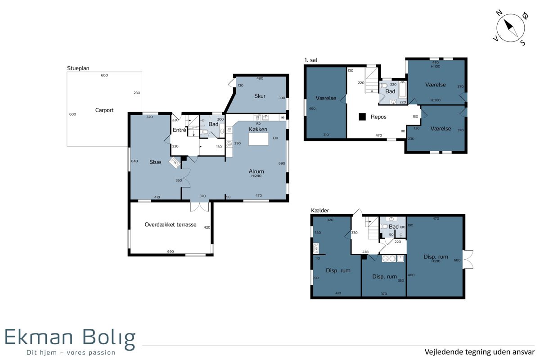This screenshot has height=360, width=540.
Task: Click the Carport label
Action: (x=104, y=110)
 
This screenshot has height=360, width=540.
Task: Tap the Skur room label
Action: (x=260, y=96)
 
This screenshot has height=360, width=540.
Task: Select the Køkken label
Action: (x=258, y=129)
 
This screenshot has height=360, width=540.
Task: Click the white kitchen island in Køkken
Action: (x=258, y=139)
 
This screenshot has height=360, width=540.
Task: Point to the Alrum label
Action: (x=256, y=171)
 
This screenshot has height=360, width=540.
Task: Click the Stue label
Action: (x=155, y=162)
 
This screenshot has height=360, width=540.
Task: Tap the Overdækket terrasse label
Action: (x=171, y=225)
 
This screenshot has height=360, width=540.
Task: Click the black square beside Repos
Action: (x=362, y=117)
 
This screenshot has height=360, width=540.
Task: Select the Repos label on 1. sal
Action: (x=378, y=117)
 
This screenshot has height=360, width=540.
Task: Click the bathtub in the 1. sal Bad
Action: (x=403, y=90)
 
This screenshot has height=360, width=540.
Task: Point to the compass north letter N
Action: (x=499, y=13)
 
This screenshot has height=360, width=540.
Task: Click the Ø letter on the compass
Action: (x=525, y=16)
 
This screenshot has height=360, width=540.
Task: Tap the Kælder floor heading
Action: (x=319, y=211)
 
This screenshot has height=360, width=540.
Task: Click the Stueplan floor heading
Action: (x=78, y=68)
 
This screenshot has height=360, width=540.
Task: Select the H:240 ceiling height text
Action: (x=256, y=176)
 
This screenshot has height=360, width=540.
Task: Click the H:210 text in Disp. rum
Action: (x=436, y=261)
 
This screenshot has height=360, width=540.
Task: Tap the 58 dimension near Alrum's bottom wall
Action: (x=228, y=197)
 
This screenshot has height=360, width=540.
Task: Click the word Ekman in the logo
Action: (x=39, y=337)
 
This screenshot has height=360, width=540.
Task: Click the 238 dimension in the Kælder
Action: (x=365, y=252)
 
